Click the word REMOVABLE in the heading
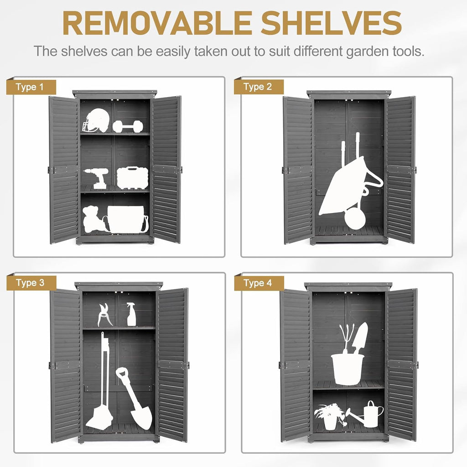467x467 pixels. tap(157, 24)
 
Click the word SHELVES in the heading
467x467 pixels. tap(331, 24)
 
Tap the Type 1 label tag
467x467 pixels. tap(31, 87)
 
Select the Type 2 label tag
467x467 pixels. tap(259, 87)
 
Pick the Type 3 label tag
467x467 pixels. tap(31, 283)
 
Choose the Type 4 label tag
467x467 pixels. tap(259, 283)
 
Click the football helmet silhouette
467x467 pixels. tap(96, 120)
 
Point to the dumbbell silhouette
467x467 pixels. tap(128, 126)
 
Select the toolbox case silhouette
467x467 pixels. tap(133, 178)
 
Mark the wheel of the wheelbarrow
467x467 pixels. tap(355, 218)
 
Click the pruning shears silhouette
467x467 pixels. tap(104, 315)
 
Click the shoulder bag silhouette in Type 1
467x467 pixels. tap(127, 219)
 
